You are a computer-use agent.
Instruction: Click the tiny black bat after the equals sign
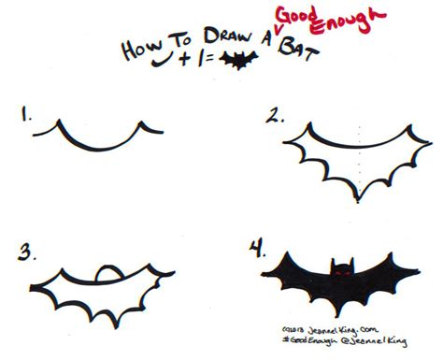[x=245, y=62]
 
